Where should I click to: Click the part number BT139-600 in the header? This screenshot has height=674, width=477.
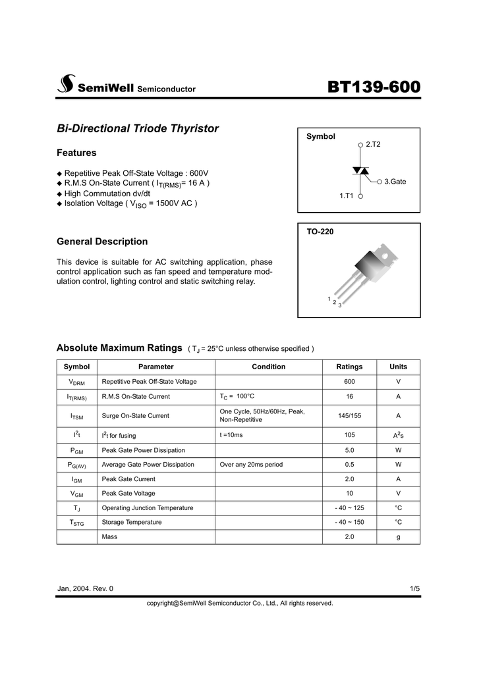pos(374,86)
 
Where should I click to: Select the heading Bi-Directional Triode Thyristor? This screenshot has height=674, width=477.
pos(138,128)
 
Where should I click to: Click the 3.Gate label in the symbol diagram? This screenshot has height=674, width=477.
pos(395,181)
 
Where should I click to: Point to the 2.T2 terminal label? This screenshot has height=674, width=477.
pos(374,143)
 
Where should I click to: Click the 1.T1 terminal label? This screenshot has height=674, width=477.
pos(347,195)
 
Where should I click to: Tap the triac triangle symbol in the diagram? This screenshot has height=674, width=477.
pos(360,170)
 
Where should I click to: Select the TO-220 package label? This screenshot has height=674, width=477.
pos(320,232)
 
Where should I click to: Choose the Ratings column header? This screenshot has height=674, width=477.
pos(349,367)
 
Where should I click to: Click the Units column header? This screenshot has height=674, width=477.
pos(398,367)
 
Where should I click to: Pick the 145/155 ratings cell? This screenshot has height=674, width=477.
pos(349,415)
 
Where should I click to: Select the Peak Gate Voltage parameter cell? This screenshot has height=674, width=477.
pos(128,493)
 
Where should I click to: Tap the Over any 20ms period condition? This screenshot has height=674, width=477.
pos(251,464)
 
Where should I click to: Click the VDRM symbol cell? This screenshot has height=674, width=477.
pos(76,382)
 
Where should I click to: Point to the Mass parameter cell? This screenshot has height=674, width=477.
pos(109,536)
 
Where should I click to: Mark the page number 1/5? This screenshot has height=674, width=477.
pos(414,588)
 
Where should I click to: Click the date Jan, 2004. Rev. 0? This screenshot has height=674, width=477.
pos(85,588)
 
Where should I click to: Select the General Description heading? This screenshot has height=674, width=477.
pos(102,242)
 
